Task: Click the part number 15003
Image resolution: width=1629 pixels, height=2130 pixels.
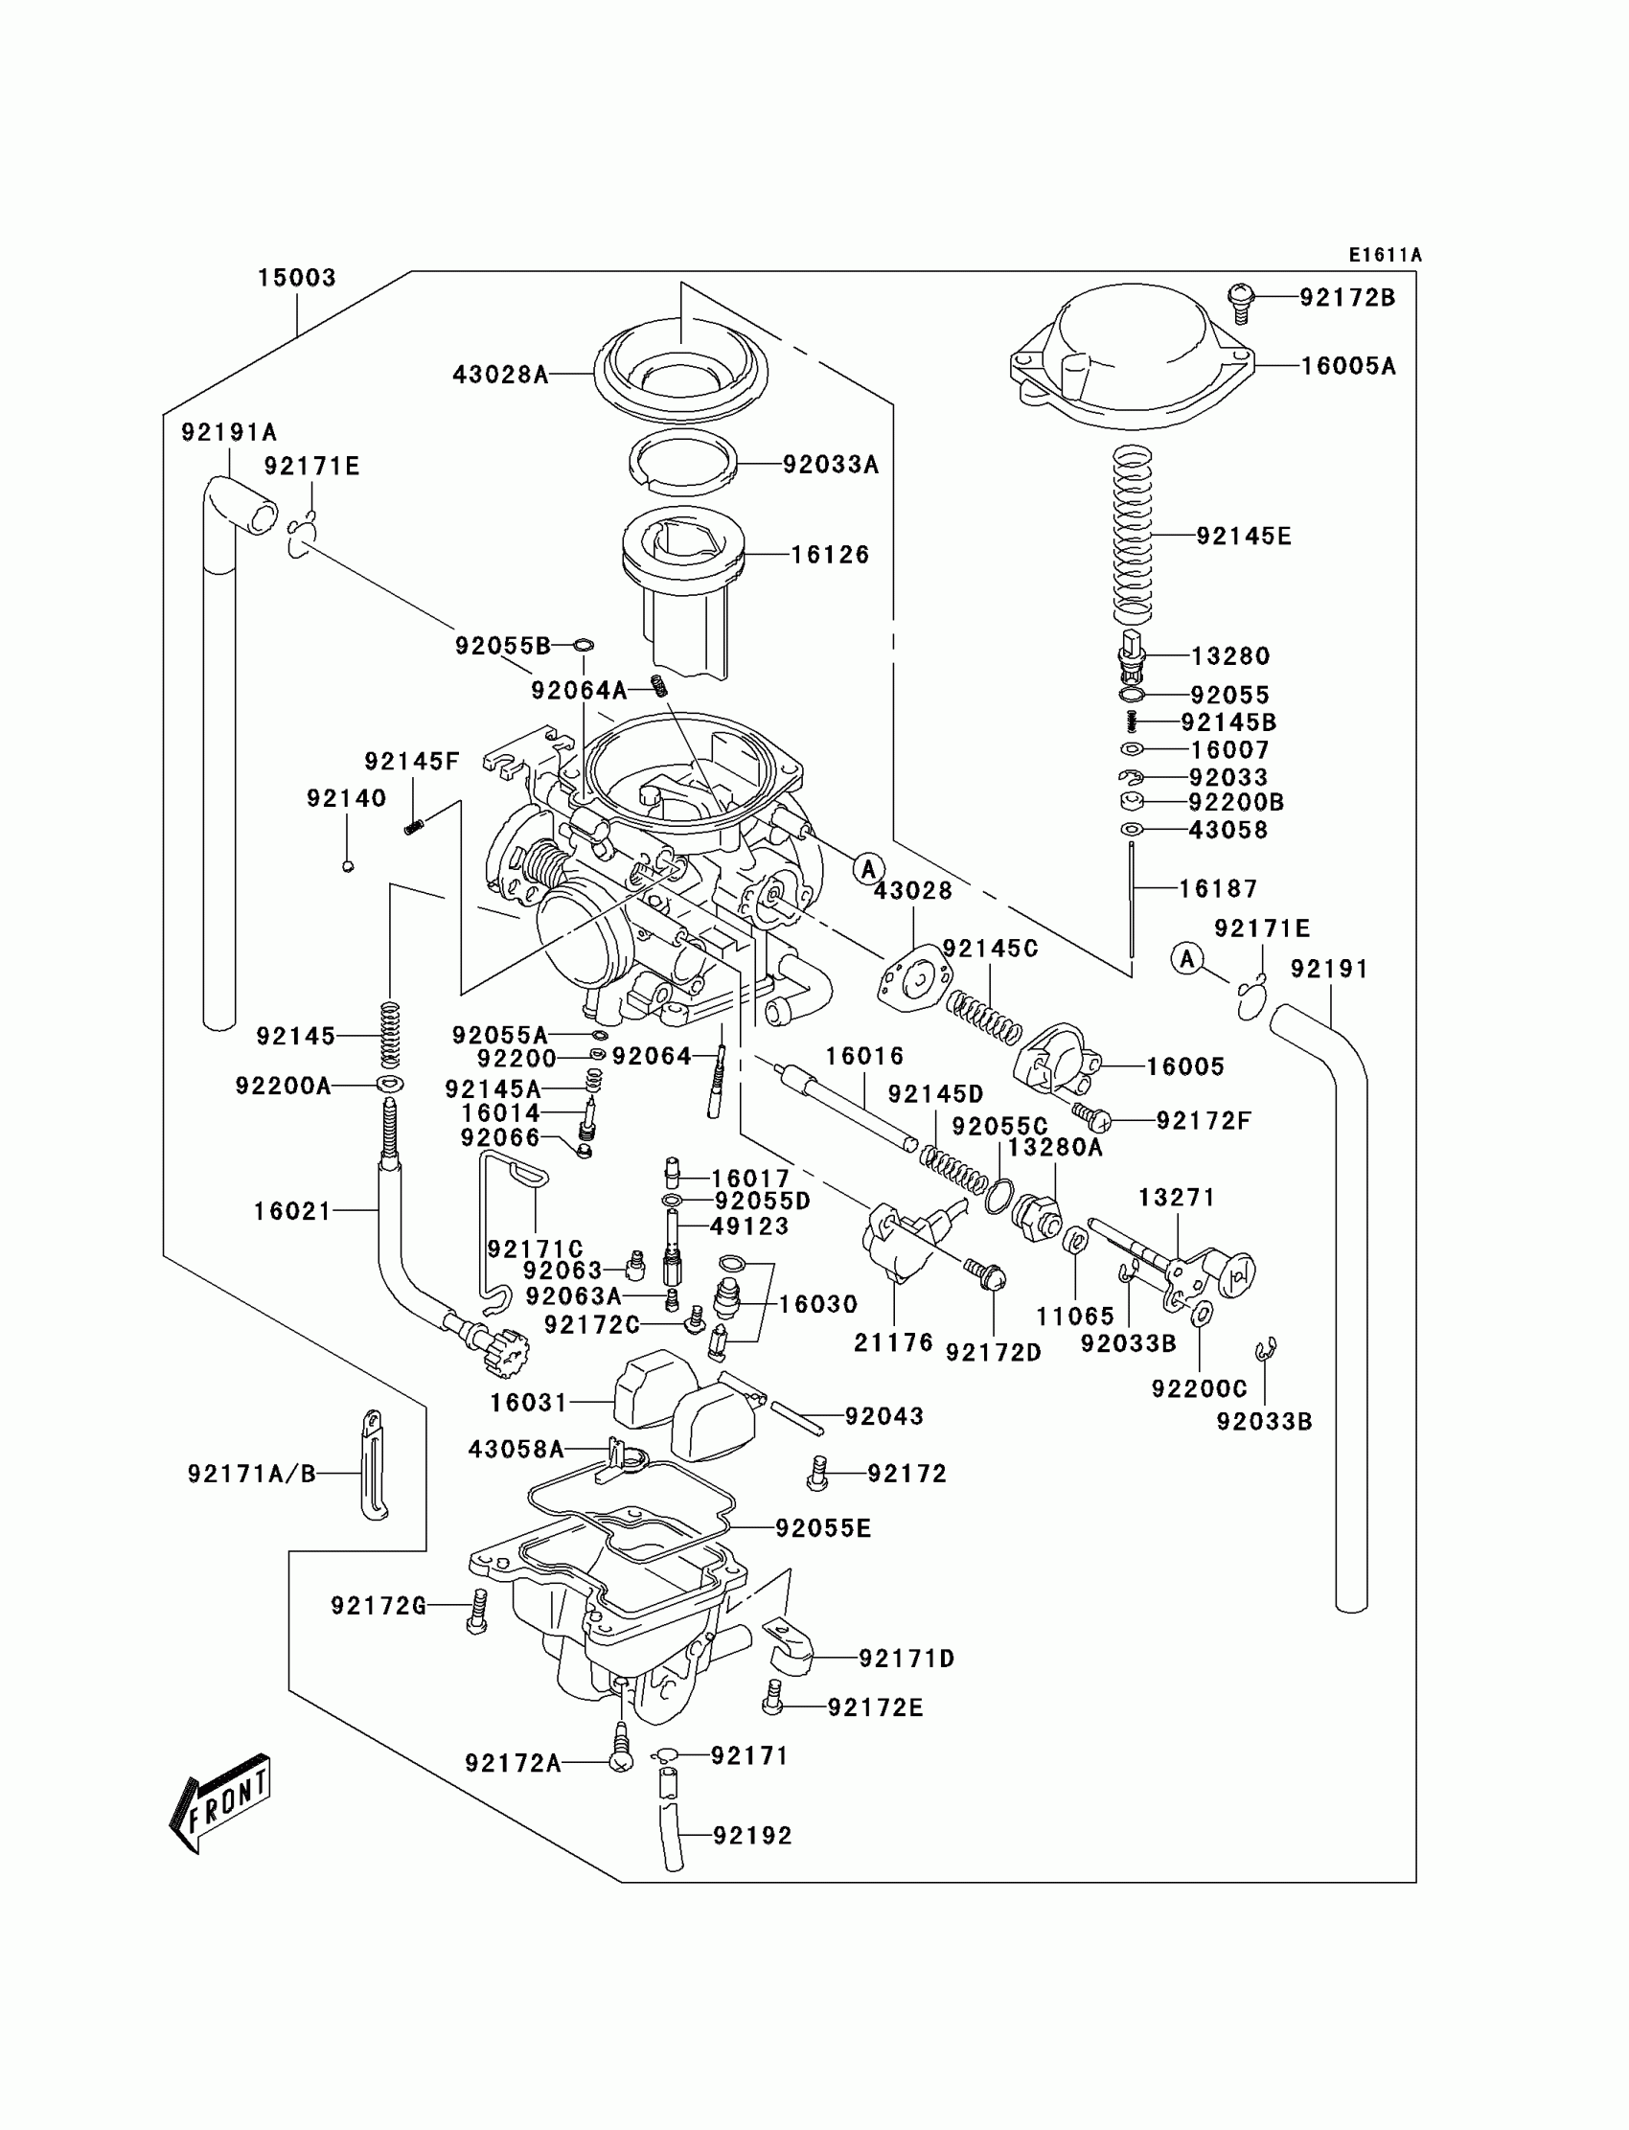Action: click(296, 278)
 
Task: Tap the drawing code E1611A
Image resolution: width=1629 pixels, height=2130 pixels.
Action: click(1385, 255)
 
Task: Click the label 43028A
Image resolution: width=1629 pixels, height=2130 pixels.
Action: click(500, 375)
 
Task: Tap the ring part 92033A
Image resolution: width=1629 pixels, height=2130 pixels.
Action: click(682, 464)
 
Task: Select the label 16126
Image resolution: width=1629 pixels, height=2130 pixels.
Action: click(830, 555)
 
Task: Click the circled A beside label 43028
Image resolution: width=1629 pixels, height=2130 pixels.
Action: click(869, 869)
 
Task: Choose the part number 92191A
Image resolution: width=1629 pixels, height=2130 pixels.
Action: click(229, 432)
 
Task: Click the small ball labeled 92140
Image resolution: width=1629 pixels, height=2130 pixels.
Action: click(348, 866)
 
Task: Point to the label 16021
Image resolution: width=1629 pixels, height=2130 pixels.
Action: click(292, 1211)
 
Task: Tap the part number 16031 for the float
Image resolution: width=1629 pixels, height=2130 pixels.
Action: click(528, 1403)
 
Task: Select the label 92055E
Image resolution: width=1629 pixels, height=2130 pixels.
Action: click(823, 1528)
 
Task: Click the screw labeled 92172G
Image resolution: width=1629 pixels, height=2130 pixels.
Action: click(476, 1614)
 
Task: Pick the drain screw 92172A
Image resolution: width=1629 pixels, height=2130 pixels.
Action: click(621, 1759)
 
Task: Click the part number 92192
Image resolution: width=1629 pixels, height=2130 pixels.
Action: click(752, 1835)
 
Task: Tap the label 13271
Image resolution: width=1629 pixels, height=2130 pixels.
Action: click(1176, 1198)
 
